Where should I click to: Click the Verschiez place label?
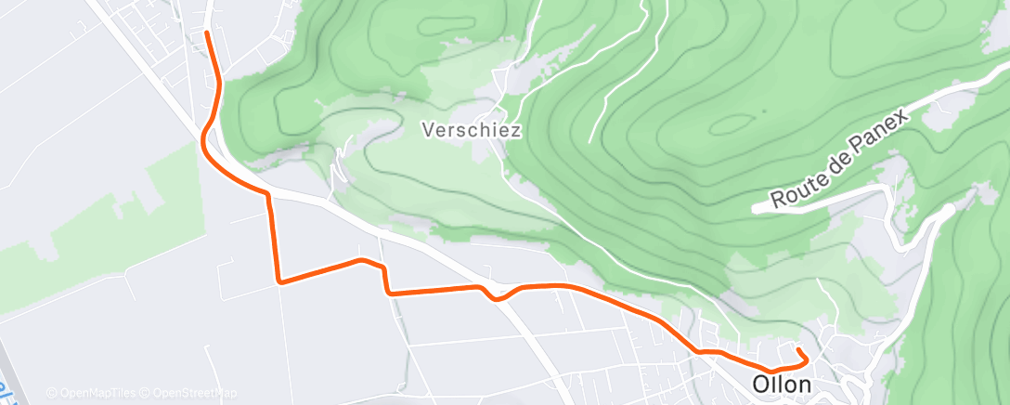coord(471,131)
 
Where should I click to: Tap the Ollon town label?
coord(782,385)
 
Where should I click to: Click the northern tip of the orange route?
coord(205,33)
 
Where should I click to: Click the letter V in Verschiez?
coord(428,131)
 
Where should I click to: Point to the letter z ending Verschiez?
coord(515,131)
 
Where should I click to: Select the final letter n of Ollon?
coord(804,385)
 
